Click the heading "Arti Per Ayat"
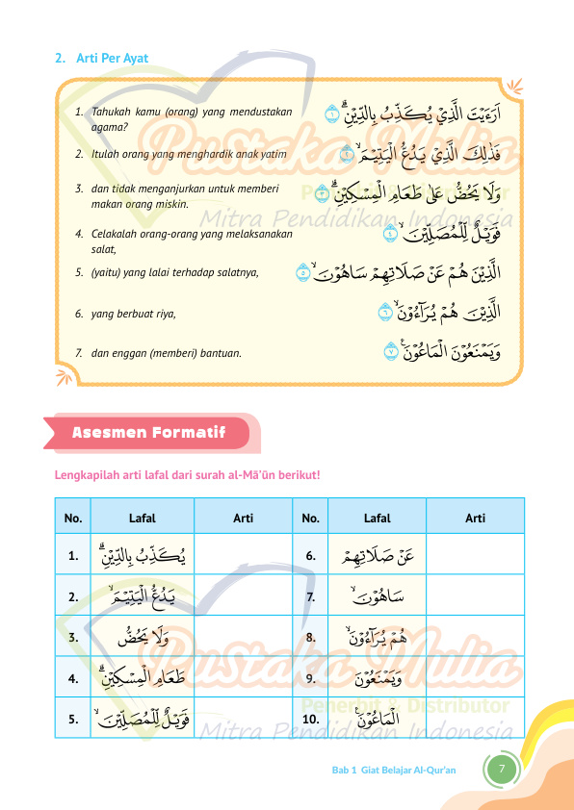point(112,59)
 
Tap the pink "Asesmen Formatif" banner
point(142,433)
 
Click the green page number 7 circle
point(502,769)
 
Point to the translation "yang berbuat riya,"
point(134,314)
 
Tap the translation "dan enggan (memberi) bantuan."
point(166,353)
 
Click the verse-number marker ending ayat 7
point(391,352)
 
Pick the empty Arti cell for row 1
point(243,555)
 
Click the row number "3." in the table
point(73,637)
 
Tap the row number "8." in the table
point(310,637)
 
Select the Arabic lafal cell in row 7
point(378,596)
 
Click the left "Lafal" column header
point(143,519)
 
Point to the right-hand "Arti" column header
point(475,519)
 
